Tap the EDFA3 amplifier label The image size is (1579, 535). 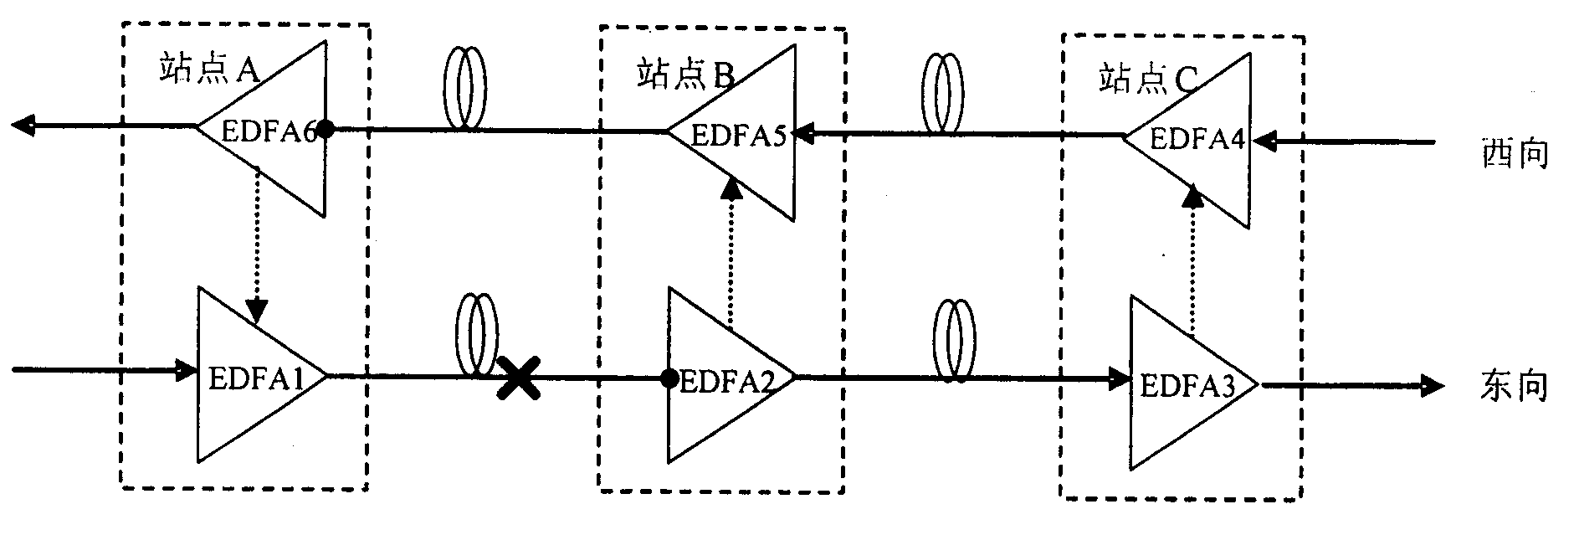click(x=1187, y=386)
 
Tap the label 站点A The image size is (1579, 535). click(x=208, y=70)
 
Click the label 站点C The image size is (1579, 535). click(x=1148, y=80)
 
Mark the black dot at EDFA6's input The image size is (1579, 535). click(x=326, y=129)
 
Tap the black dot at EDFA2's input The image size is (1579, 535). click(x=669, y=378)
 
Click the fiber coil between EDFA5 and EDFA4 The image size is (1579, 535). click(x=943, y=93)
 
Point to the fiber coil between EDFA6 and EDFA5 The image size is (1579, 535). click(x=464, y=88)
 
